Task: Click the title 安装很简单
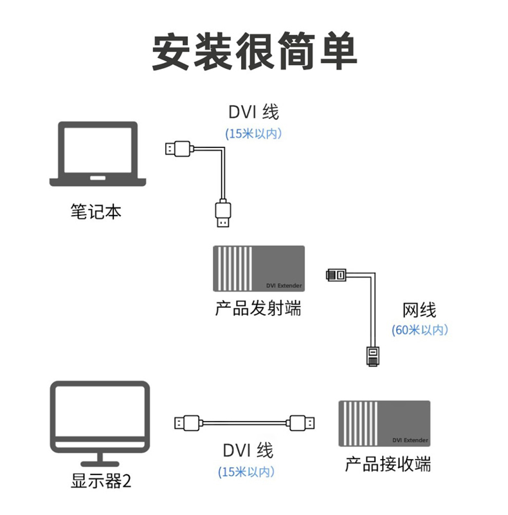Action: click(254, 51)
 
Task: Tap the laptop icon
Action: click(98, 154)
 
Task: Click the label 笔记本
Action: click(96, 211)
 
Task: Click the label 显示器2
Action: click(102, 481)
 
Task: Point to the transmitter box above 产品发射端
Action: click(259, 268)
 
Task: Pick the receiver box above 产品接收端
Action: click(385, 424)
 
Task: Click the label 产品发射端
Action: click(258, 308)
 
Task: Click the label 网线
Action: click(419, 310)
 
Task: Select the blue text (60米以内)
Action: click(419, 330)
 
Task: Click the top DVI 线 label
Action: click(253, 112)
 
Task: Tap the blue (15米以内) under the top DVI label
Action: click(253, 134)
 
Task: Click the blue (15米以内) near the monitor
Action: click(247, 471)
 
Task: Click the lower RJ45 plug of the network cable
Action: click(373, 356)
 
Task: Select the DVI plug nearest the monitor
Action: click(188, 423)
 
